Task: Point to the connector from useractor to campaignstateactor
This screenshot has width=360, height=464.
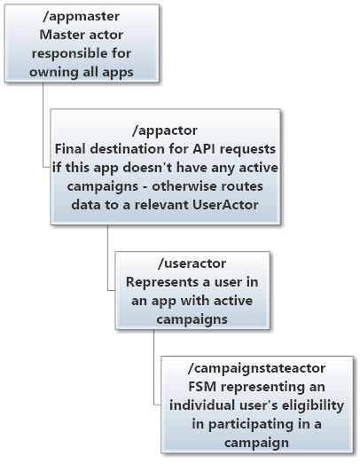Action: click(153, 373)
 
